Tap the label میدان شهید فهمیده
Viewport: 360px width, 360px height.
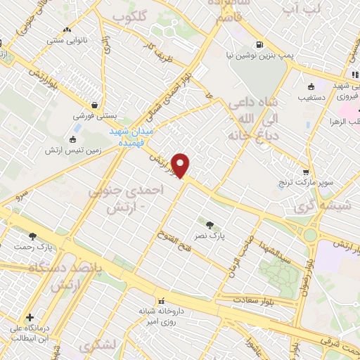coord(131,136)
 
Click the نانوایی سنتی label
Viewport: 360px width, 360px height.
coord(67,41)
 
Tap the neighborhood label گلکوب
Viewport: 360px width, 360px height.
coord(149,15)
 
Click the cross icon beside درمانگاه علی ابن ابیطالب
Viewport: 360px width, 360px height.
coord(30,317)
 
